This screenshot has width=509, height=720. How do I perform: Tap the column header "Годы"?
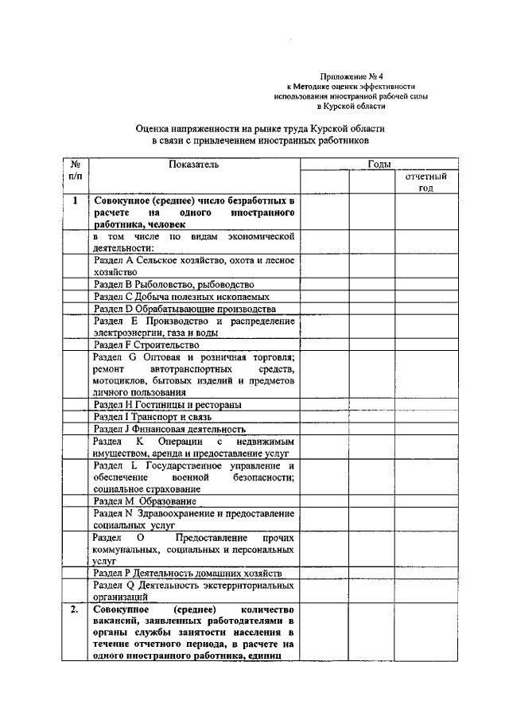[x=379, y=164]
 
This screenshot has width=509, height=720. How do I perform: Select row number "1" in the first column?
[x=74, y=201]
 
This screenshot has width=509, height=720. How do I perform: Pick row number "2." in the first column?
[x=73, y=610]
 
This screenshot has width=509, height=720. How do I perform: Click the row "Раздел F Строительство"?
[x=146, y=346]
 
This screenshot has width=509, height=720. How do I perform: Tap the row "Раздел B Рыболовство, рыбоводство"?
[x=173, y=284]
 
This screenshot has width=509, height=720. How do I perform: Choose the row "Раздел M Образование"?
[x=144, y=502]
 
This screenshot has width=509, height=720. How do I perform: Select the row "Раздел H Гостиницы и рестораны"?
[x=168, y=404]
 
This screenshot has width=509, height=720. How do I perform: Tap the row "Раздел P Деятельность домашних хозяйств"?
[x=187, y=573]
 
